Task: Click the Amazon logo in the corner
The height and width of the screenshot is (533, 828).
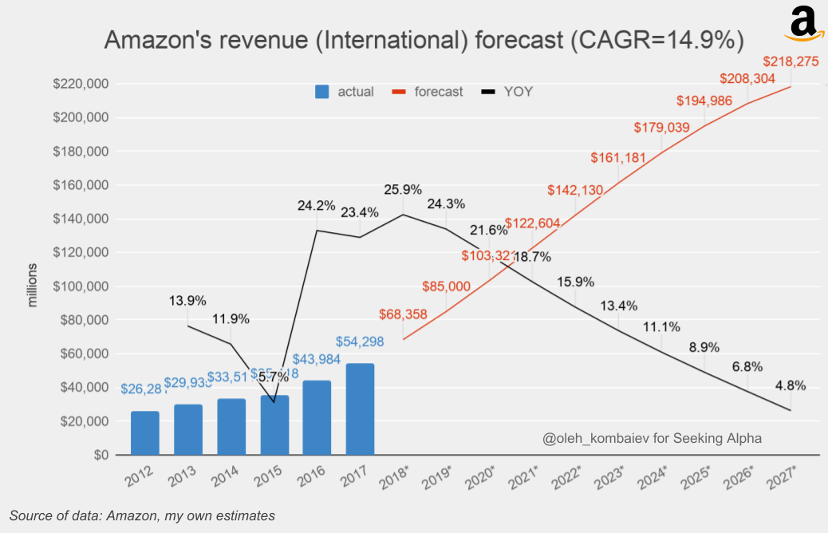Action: (804, 23)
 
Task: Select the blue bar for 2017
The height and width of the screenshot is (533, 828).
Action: (360, 409)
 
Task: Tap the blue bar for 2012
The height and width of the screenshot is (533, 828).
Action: (144, 432)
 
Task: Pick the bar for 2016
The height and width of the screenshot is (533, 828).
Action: (317, 417)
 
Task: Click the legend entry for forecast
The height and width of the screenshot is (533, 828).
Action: (428, 92)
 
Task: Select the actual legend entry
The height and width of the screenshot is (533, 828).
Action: (345, 92)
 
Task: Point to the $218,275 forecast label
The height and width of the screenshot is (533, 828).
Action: (791, 61)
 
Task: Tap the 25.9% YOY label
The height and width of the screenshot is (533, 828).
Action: (403, 190)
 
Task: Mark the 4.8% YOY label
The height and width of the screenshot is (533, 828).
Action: (790, 385)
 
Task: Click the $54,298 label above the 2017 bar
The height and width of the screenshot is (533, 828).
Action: (360, 342)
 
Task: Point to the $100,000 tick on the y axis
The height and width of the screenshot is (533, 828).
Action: (81, 286)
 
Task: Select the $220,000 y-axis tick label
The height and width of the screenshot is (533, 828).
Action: (81, 85)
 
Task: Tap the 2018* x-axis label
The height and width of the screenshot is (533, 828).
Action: (395, 481)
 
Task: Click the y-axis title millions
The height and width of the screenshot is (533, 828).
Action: (33, 285)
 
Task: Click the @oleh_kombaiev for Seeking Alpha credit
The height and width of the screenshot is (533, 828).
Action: (652, 438)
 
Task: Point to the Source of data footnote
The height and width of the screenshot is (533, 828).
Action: (142, 515)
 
